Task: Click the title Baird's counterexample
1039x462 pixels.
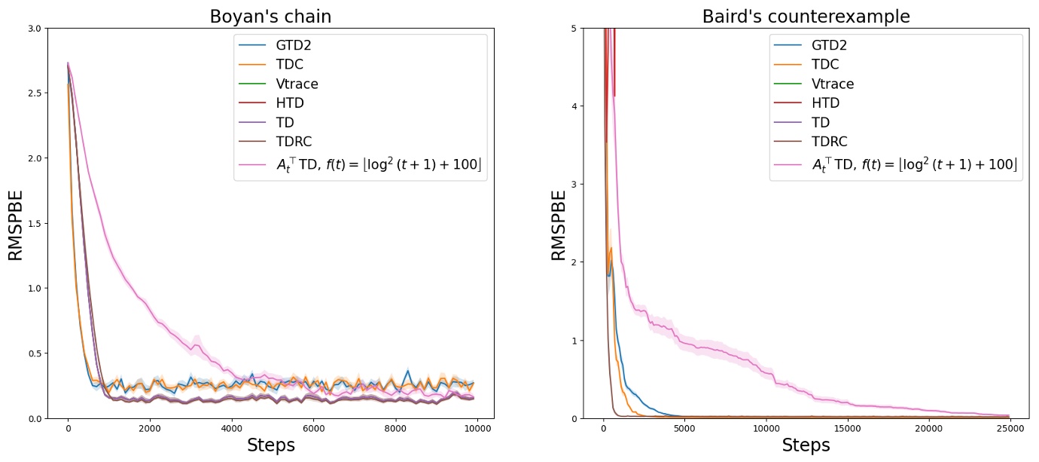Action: point(806,17)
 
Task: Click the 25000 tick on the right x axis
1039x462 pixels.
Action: point(1009,429)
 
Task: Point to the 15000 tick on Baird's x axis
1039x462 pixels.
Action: point(847,429)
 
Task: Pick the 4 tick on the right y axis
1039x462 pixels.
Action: point(573,106)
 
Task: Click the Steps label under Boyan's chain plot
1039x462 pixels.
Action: point(271,445)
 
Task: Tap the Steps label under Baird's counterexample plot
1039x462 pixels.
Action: point(806,445)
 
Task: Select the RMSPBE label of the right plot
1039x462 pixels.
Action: point(559,224)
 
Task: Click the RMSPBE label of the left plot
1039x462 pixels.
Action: point(17,224)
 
